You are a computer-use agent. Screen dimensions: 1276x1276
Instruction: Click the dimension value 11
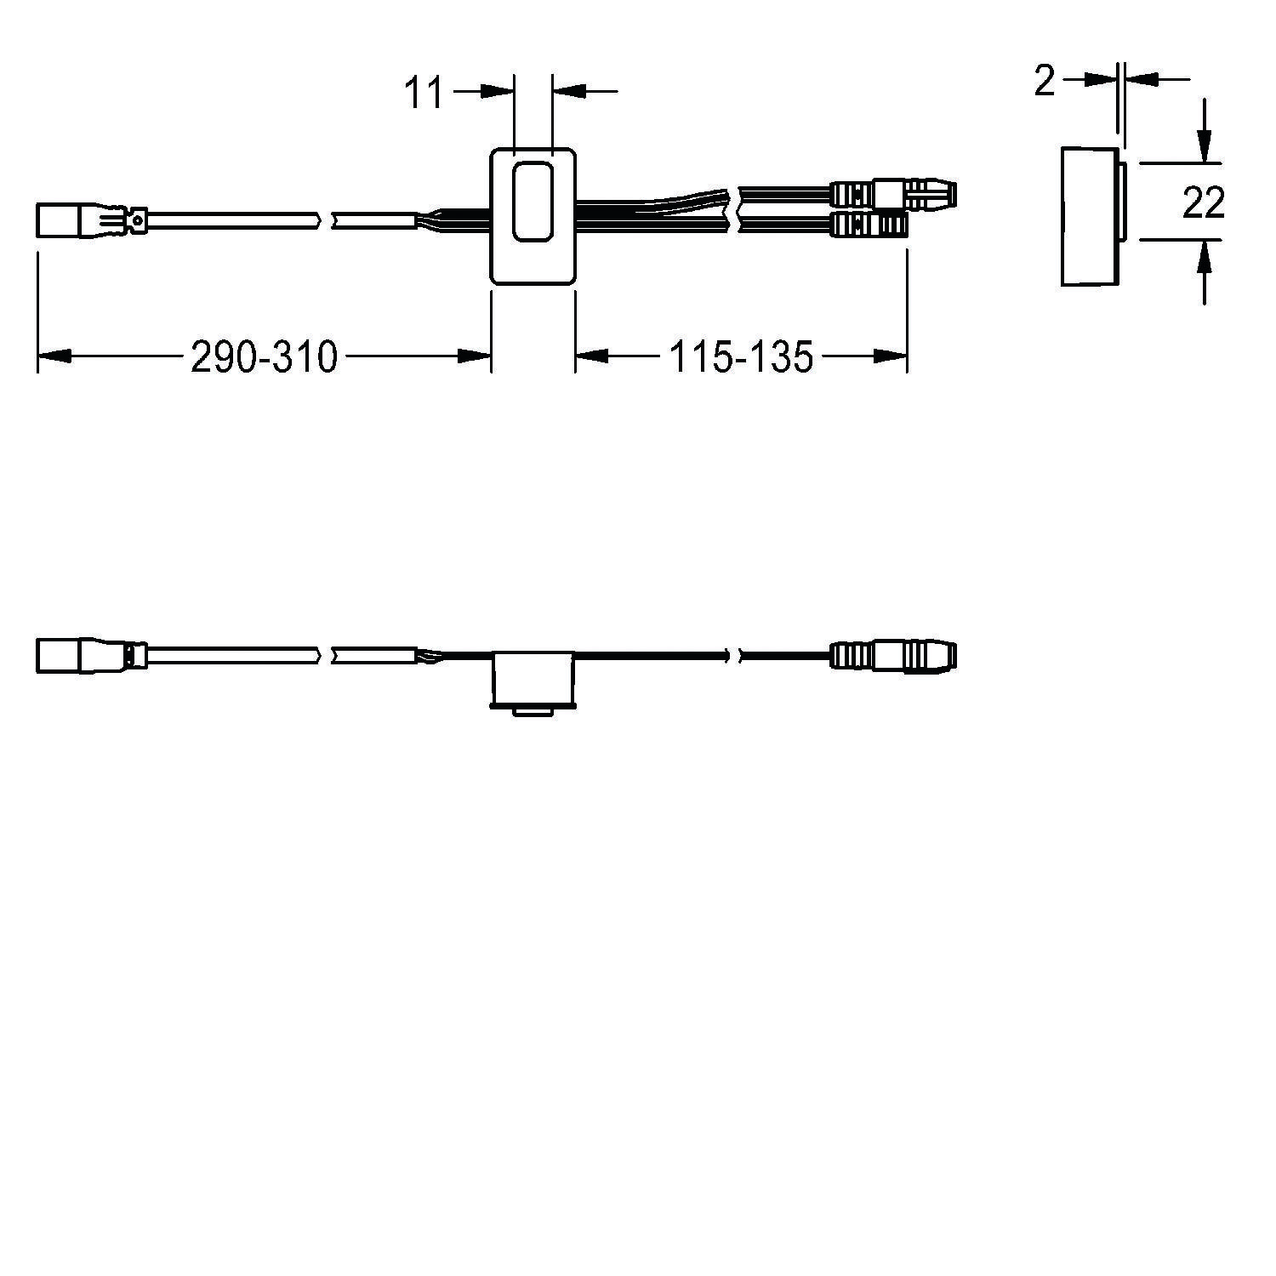(x=424, y=93)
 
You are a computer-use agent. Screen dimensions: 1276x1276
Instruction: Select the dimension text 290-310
(x=264, y=356)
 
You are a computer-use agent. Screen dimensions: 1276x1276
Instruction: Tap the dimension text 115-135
(x=741, y=356)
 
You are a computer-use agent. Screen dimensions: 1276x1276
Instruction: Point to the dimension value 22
(x=1203, y=202)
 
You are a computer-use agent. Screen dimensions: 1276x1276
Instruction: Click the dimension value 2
(x=1044, y=82)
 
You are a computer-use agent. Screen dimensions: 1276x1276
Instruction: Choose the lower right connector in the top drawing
(x=868, y=225)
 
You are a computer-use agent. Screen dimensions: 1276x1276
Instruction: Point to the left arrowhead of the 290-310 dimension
(x=51, y=356)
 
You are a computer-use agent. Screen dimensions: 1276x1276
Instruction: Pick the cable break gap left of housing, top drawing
(x=325, y=221)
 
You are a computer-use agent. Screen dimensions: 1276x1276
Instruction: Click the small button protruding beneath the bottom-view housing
(x=533, y=711)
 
